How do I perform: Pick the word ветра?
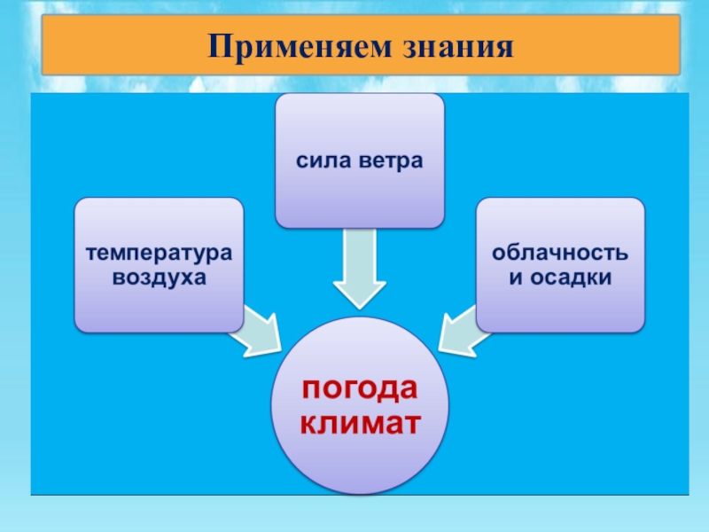[x=390, y=161]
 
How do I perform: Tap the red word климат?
[x=359, y=422]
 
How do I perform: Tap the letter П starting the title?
[x=217, y=45]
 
